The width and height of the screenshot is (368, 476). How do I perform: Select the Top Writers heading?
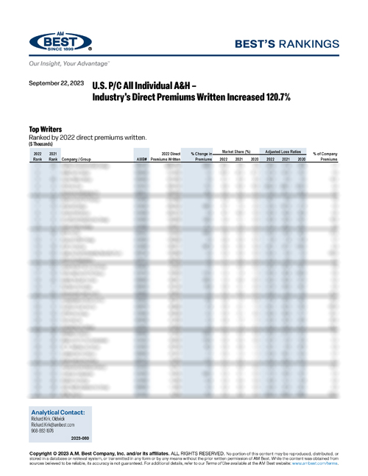pyautogui.click(x=46, y=129)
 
